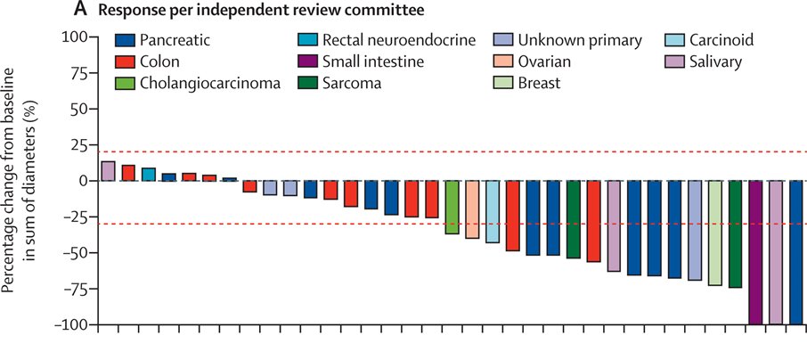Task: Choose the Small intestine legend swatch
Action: coord(307,62)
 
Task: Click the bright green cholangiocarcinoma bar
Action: coord(452,207)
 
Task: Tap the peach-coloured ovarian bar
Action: coord(472,209)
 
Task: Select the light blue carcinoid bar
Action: coord(493,211)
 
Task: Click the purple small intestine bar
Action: coord(755,252)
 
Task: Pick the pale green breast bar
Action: coord(714,233)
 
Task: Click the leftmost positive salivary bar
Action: coord(108,171)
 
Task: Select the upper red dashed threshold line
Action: coord(445,152)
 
